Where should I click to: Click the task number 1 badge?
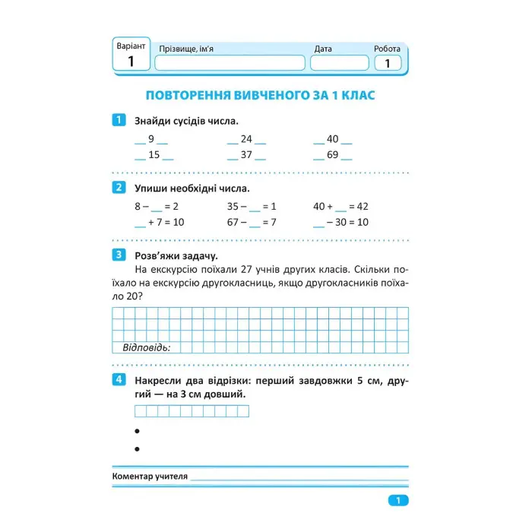[118, 120]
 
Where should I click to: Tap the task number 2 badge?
[118, 188]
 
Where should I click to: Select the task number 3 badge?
[118, 255]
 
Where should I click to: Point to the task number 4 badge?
[118, 379]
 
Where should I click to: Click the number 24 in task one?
[246, 139]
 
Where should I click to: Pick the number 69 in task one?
[332, 155]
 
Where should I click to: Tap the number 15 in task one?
[154, 155]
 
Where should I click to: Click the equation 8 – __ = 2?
[156, 206]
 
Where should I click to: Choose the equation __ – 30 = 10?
[340, 222]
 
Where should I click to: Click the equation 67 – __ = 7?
[251, 222]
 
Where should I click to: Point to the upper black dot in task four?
[138, 431]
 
